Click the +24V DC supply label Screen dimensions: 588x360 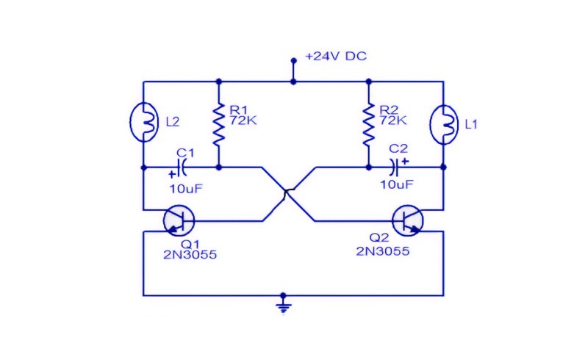336,57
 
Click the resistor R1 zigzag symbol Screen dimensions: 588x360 219,124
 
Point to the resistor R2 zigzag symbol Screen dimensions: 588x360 369,124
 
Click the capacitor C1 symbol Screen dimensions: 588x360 182,168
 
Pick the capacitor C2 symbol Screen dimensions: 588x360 394,168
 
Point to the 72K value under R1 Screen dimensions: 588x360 243,120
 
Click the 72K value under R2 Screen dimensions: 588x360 393,120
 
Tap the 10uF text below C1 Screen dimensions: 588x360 186,189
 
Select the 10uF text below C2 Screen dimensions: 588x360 397,184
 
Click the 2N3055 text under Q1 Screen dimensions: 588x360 190,255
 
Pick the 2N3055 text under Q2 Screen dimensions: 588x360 382,251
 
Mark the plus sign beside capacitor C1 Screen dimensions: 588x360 172,174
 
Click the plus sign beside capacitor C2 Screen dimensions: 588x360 405,162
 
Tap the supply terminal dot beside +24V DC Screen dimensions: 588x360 293,60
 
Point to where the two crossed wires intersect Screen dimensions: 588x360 288,193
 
